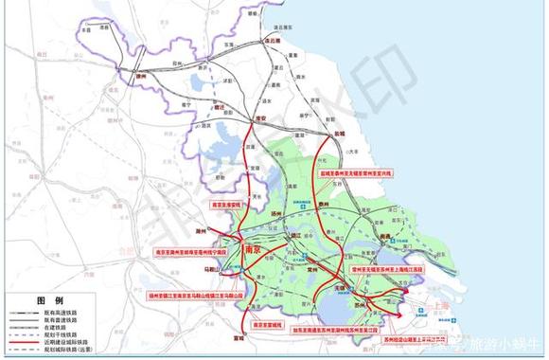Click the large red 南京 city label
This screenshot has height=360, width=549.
[x=253, y=249]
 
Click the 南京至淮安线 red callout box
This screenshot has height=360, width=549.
[x=228, y=204]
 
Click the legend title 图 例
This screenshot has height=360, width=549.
[x=49, y=300]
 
